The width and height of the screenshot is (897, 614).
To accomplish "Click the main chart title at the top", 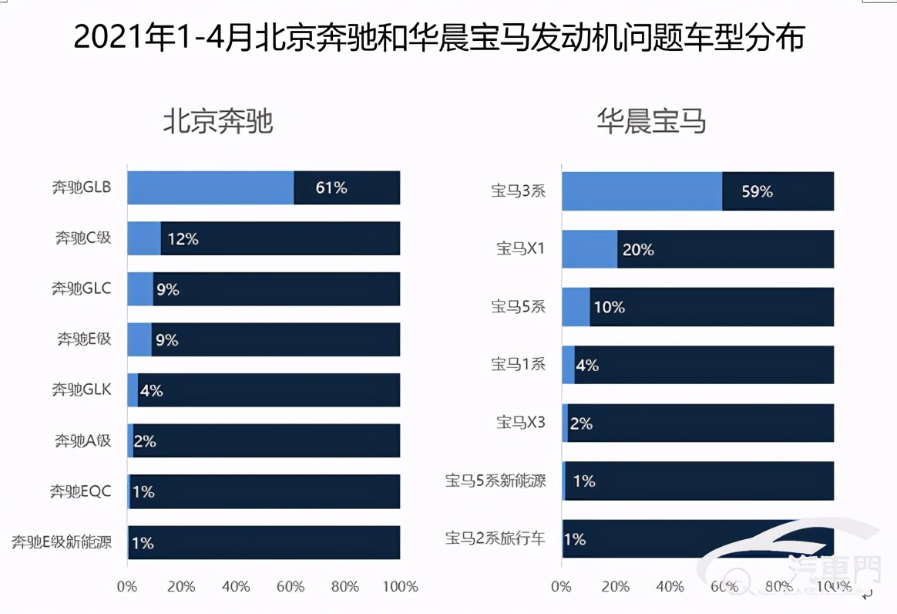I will pyautogui.click(x=439, y=37).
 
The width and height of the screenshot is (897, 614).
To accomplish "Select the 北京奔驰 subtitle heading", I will pyautogui.click(x=218, y=121).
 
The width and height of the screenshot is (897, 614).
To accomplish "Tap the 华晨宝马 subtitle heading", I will pyautogui.click(x=651, y=121).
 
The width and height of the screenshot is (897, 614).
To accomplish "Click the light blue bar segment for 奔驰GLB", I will pyautogui.click(x=210, y=187).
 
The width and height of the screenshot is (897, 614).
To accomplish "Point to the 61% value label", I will pyautogui.click(x=331, y=187).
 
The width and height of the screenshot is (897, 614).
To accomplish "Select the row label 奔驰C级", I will pyautogui.click(x=82, y=238).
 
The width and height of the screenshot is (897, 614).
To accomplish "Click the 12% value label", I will pyautogui.click(x=183, y=239).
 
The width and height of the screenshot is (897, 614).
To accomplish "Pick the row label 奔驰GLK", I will pyautogui.click(x=82, y=390).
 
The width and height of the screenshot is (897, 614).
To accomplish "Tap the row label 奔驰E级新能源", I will pyautogui.click(x=61, y=542).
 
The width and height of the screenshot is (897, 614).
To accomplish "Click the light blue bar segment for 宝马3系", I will pyautogui.click(x=642, y=191).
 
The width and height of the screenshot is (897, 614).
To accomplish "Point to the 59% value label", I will pyautogui.click(x=757, y=191).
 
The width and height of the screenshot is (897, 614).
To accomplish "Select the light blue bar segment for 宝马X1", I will pyautogui.click(x=590, y=249).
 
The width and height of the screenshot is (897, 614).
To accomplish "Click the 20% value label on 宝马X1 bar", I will pyautogui.click(x=637, y=250).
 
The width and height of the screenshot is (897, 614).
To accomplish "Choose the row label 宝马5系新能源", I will pyautogui.click(x=496, y=481).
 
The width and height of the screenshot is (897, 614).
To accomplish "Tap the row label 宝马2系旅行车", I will pyautogui.click(x=496, y=538).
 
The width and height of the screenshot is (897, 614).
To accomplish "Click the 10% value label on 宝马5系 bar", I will pyautogui.click(x=609, y=307).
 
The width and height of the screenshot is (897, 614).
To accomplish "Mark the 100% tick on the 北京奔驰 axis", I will pyautogui.click(x=400, y=586).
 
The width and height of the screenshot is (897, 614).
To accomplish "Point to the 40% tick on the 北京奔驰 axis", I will pyautogui.click(x=236, y=586).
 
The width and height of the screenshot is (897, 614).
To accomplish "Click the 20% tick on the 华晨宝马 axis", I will pyautogui.click(x=616, y=586).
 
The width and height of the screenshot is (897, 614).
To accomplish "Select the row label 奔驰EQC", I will pyautogui.click(x=81, y=491).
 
